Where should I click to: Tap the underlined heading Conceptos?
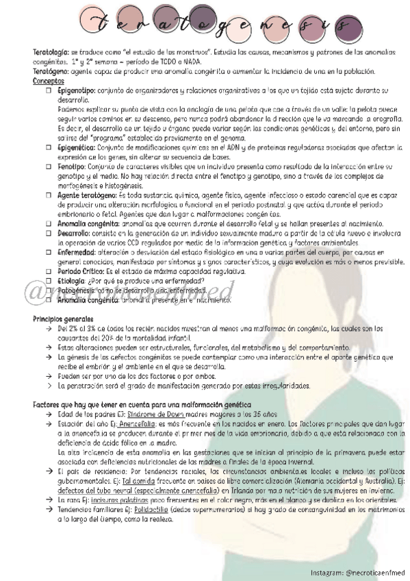coord(49,81)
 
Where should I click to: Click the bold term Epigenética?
coord(77,147)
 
